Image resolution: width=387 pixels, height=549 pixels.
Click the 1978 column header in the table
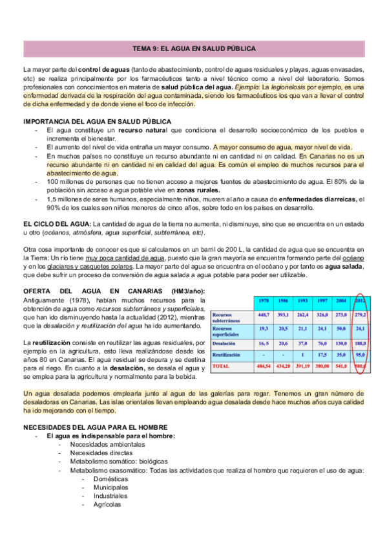tap(264, 301)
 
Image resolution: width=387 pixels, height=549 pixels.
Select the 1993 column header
tap(302, 301)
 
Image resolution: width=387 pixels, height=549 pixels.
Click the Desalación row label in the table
tap(224, 343)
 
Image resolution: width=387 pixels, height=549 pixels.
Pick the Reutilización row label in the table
tap(227, 355)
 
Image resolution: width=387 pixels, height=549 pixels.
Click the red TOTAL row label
tap(221, 366)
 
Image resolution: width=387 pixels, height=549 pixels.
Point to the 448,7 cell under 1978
tap(264, 315)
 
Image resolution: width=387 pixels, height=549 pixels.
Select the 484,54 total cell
tap(264, 366)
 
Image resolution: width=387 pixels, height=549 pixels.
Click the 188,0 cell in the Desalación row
tap(359, 343)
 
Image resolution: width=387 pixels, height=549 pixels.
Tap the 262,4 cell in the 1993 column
tap(302, 315)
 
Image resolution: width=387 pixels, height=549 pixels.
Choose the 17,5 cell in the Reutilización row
tap(321, 355)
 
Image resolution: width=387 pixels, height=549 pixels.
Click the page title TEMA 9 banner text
tap(194, 49)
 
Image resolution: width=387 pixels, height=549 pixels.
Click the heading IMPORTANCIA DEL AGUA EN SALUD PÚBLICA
tap(97, 121)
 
